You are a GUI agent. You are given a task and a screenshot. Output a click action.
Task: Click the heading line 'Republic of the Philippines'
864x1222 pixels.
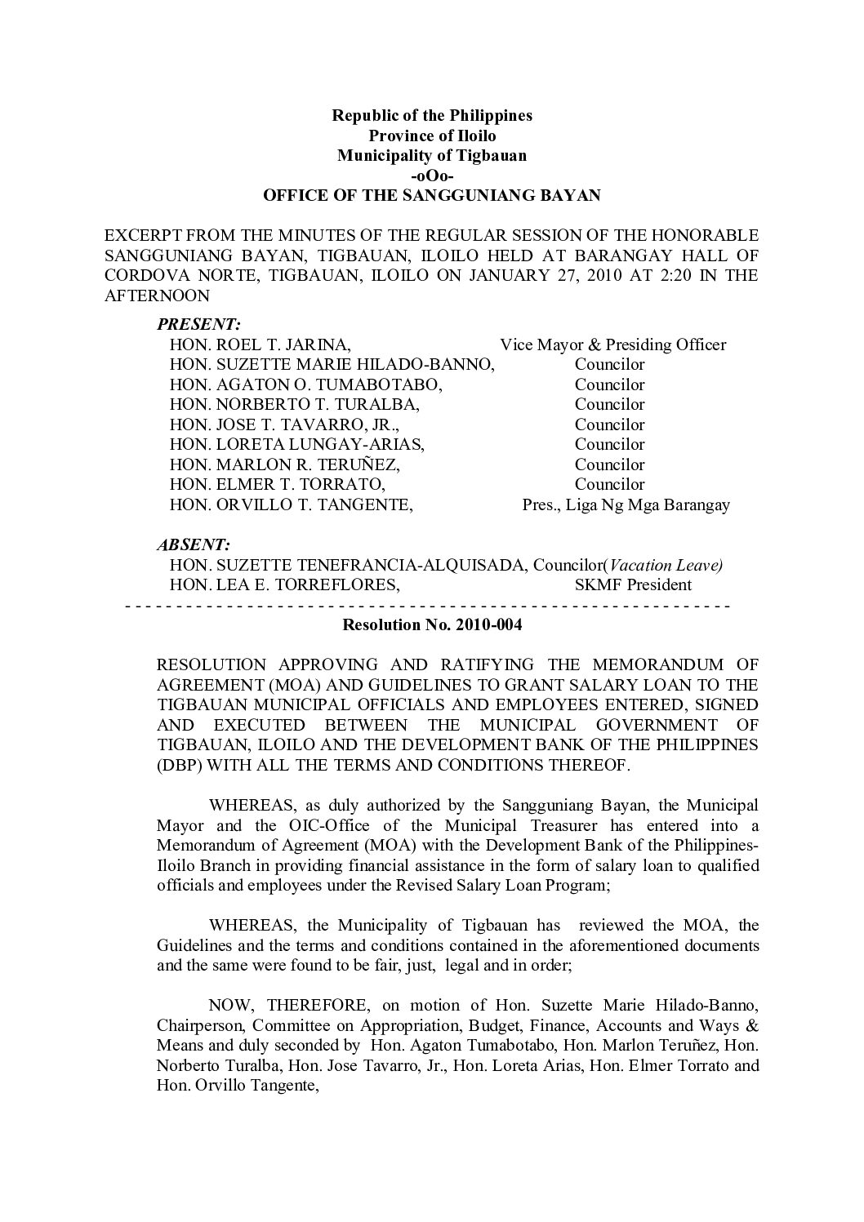431,115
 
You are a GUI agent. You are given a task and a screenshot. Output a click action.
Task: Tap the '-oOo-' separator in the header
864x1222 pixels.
431,176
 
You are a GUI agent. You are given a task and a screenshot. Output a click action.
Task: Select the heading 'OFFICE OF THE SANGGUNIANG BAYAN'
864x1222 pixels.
431,195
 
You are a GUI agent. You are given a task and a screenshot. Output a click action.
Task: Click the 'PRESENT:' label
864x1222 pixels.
198,325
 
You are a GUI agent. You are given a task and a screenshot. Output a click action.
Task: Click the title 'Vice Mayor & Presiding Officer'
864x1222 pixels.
612,344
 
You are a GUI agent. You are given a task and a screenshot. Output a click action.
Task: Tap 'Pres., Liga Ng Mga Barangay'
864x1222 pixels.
626,504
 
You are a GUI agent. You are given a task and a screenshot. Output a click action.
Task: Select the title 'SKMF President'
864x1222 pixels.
633,584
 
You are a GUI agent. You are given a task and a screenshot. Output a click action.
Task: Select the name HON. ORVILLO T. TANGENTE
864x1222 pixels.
291,504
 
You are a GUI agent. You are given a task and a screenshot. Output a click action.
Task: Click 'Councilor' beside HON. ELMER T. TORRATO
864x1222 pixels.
609,484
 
